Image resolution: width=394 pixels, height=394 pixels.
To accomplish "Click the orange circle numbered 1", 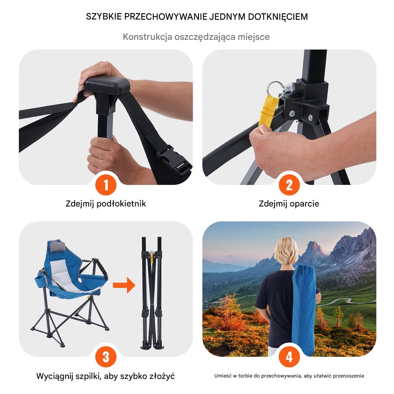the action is [106, 185].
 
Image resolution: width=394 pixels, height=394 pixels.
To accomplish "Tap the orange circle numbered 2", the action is [289, 185].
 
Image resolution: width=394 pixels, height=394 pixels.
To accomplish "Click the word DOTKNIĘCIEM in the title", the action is [278, 17].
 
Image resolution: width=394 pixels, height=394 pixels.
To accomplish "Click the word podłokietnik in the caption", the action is [121, 204].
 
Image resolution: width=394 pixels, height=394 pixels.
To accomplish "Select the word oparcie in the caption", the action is [304, 204].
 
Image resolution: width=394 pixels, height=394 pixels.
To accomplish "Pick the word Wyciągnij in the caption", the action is [55, 376].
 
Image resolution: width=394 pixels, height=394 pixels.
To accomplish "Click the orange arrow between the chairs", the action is [124, 285].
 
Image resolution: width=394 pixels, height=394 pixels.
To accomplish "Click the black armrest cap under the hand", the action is [106, 84].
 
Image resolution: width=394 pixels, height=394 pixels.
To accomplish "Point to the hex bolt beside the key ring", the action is [289, 89].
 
